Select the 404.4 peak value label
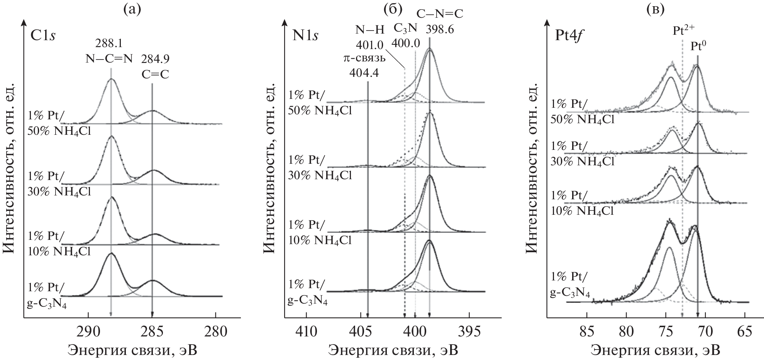coord(364,72)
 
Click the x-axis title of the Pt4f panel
coord(656,350)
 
